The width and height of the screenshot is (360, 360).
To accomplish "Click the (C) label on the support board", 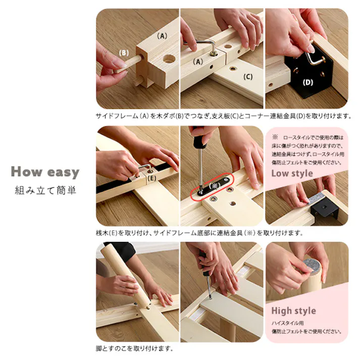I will tap(247, 77).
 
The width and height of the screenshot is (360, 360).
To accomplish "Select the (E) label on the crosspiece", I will tap(152, 177).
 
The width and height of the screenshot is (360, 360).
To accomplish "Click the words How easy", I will tap(45, 172).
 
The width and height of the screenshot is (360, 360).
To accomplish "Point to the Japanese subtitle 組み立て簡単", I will tap(45, 191).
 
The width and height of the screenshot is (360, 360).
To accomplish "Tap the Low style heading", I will tap(292, 173).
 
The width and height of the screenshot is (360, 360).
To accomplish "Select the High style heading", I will tap(293, 311).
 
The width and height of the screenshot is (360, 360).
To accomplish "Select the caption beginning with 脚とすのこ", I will tap(134, 348).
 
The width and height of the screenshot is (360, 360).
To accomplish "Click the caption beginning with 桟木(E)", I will tap(199, 233).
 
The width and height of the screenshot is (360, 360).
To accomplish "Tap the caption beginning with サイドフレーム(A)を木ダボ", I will tap(223, 116).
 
